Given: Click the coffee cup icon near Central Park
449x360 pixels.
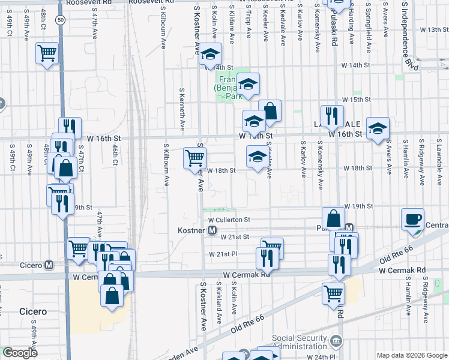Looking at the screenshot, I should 412,218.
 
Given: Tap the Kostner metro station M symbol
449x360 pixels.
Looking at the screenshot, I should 212,230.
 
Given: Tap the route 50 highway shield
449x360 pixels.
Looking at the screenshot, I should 61,20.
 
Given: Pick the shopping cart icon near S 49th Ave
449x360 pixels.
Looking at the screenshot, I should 47,53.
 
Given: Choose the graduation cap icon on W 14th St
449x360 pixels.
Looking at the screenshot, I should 211,56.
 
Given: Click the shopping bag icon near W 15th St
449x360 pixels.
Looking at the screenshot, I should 270,110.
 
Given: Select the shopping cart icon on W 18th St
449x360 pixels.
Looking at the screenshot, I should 194,158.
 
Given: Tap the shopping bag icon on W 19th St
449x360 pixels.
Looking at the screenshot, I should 333,218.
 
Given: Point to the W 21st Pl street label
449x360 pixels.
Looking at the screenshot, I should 223,254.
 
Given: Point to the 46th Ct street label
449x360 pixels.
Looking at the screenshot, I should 114,153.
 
